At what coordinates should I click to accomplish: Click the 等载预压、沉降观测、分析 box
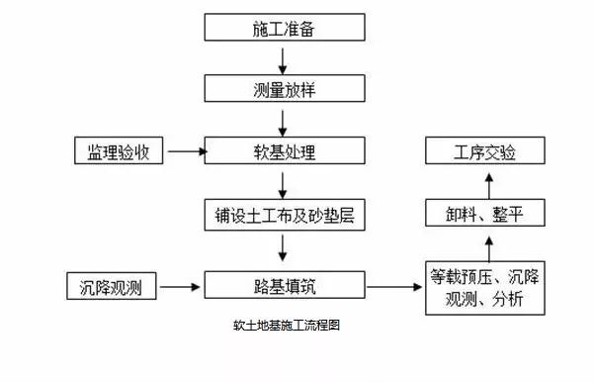coord(483,287)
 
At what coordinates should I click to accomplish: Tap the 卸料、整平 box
coord(484,212)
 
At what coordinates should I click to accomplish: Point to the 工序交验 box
coord(484,152)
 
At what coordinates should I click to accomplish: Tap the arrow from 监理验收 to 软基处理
coord(186,152)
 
